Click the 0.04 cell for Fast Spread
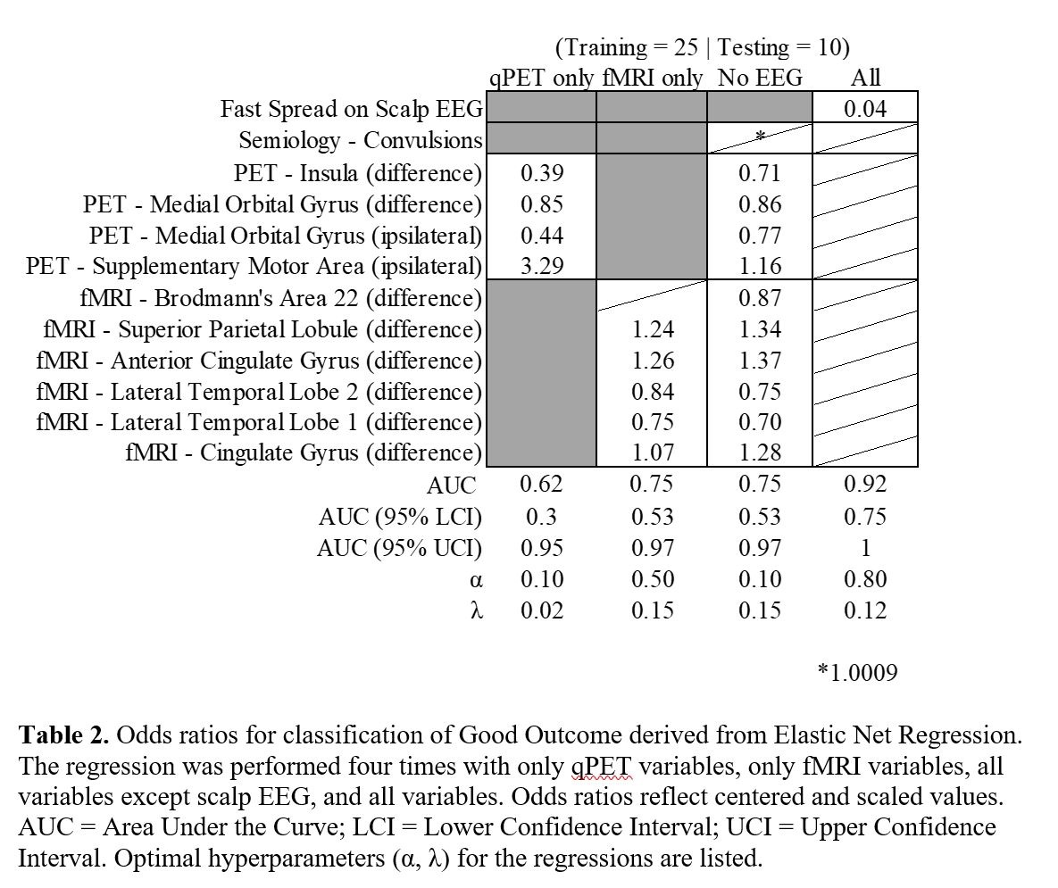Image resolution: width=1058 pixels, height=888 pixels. coord(865,109)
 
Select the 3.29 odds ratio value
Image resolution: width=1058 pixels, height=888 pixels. coord(542,266)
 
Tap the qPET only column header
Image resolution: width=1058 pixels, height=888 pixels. coord(542,78)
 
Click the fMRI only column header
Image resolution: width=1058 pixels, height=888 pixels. coord(653,78)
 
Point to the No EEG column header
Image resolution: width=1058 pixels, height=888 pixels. coord(760,78)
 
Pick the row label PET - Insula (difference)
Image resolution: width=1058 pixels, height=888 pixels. coord(357,172)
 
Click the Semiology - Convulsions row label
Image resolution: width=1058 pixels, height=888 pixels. coord(360,141)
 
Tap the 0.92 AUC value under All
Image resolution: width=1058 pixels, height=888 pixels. coord(865,484)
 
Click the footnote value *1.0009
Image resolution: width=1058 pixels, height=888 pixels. coord(857,672)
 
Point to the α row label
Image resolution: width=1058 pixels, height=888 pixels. coord(476,580)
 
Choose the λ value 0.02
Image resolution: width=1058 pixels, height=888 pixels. coord(542,610)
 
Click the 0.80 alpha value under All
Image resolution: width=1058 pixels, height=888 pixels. coord(865,579)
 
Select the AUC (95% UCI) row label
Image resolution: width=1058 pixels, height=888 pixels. coord(399,548)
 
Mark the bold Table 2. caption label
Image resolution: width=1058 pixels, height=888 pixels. coord(64,735)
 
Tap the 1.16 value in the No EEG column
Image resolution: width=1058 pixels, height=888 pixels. coord(760,266)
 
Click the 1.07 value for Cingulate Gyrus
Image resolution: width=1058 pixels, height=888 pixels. coord(653,452)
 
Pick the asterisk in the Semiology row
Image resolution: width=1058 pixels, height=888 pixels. coord(760,136)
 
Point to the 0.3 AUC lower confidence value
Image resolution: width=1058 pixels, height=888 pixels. coord(542,517)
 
